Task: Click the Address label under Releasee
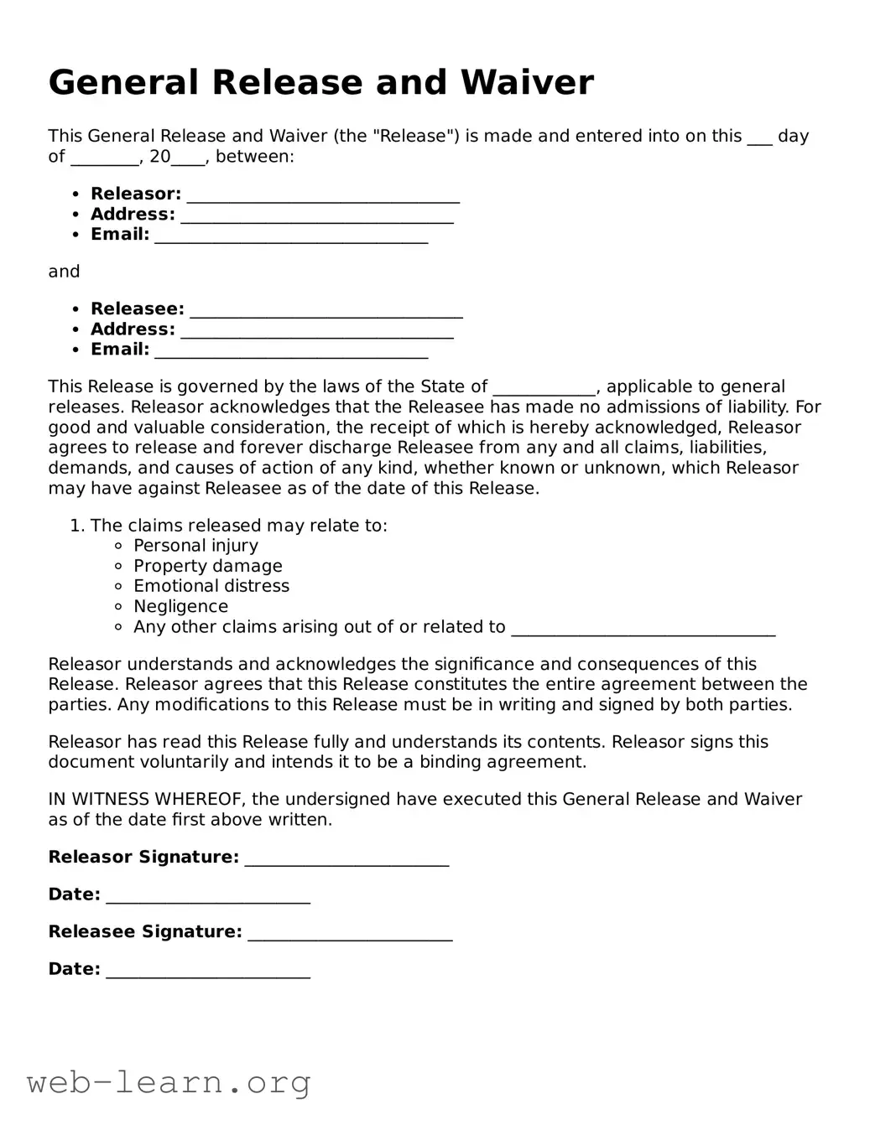coord(133,329)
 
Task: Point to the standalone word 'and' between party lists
coord(64,272)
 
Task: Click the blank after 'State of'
coord(544,389)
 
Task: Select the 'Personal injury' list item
coord(195,546)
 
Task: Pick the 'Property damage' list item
coord(207,566)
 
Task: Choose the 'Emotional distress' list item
coord(211,586)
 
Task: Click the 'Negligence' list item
coord(180,606)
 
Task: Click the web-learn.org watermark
coord(169,1082)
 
